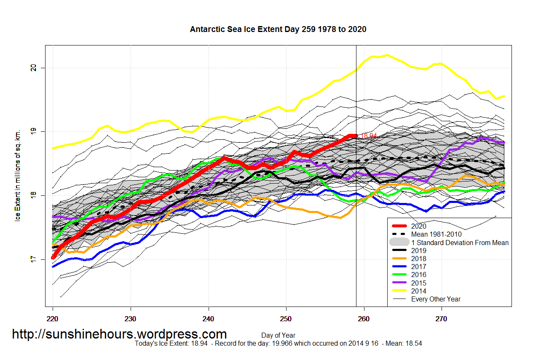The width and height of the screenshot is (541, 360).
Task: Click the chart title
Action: (278, 29)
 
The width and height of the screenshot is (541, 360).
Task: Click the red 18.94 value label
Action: (369, 136)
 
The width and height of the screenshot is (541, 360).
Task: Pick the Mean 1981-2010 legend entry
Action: (436, 234)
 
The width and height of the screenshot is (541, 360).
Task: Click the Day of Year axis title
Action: (278, 336)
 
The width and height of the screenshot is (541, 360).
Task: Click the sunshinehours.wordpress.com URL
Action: (119, 334)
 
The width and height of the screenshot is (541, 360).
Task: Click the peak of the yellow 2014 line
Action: (387, 55)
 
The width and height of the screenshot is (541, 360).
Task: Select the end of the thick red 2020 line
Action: (356, 136)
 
